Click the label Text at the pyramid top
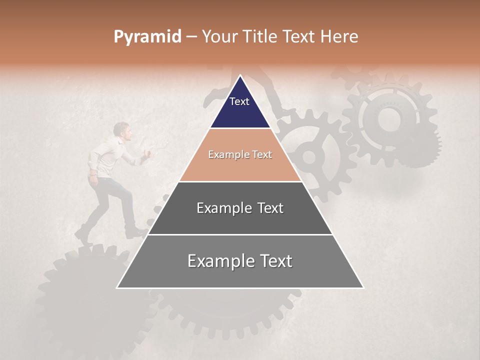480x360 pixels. click(x=239, y=101)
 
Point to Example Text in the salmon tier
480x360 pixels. click(x=240, y=154)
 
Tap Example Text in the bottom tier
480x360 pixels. click(x=240, y=261)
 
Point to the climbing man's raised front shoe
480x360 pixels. click(x=136, y=232)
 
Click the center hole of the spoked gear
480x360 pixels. click(x=309, y=157)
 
